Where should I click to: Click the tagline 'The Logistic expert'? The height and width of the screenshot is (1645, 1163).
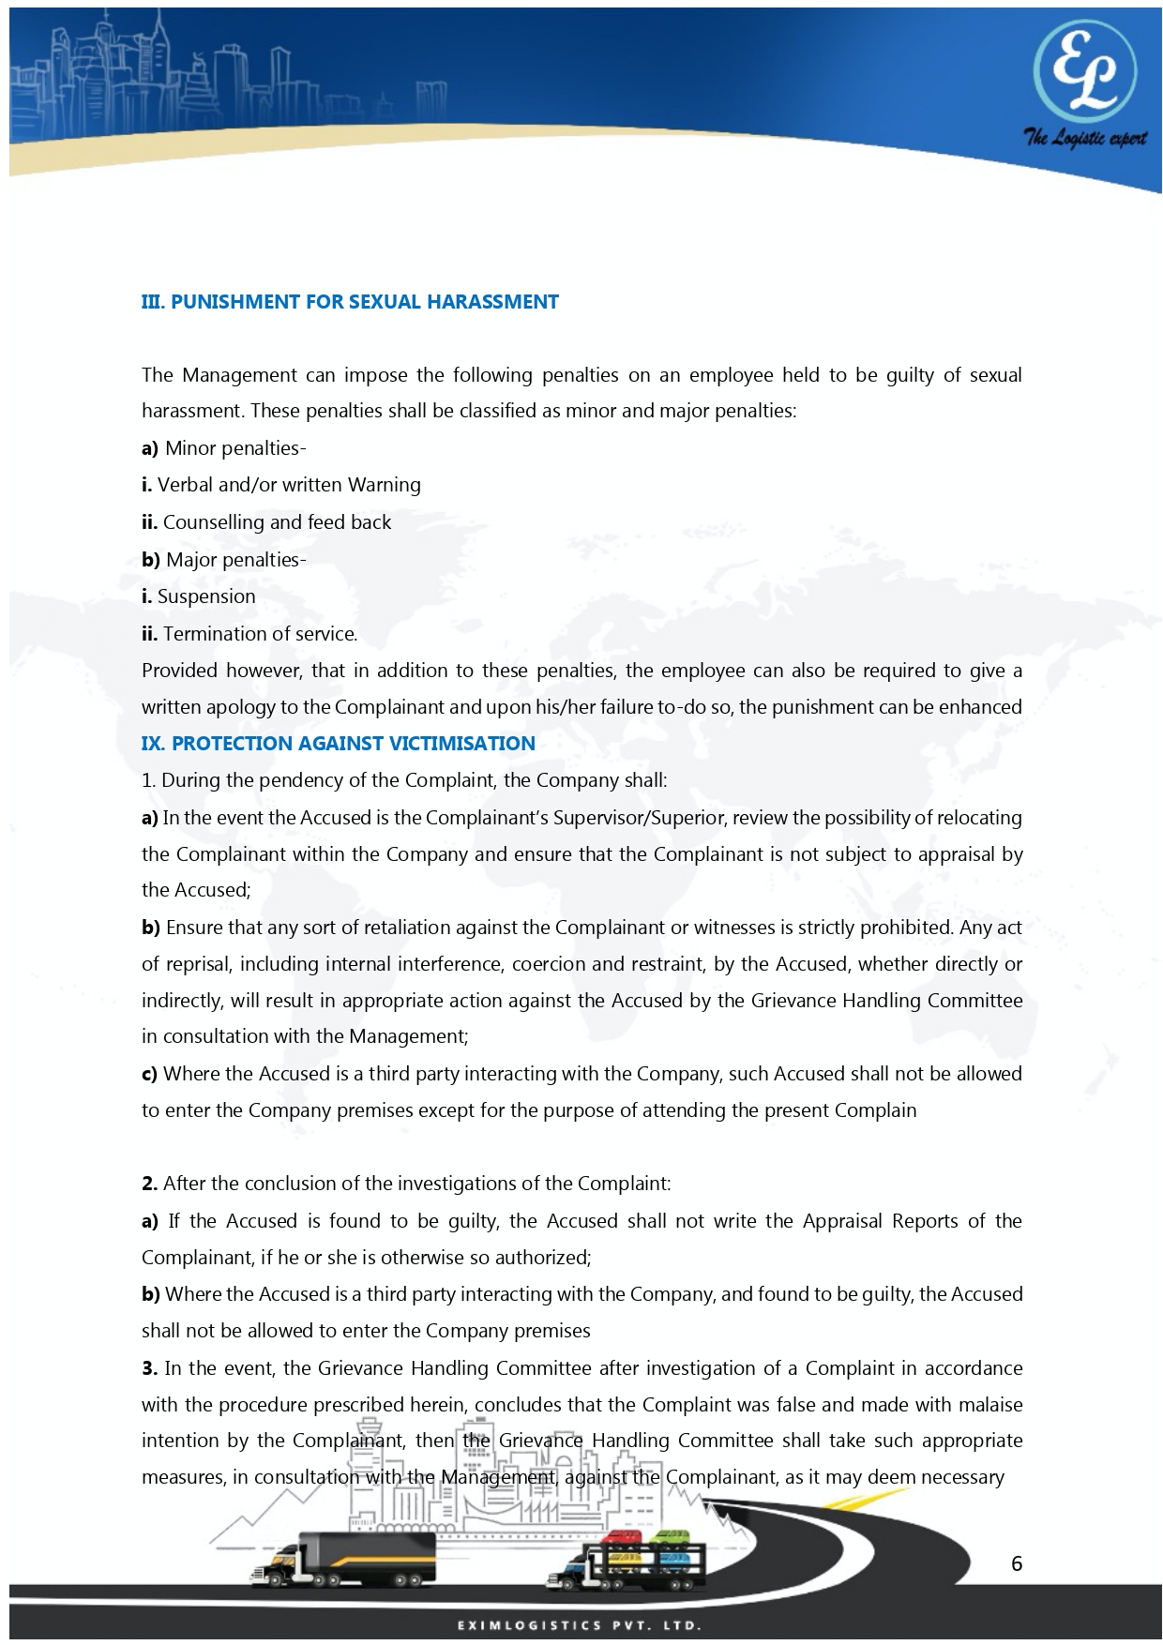point(1084,139)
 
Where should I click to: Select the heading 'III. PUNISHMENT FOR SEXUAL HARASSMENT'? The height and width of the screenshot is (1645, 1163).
point(350,302)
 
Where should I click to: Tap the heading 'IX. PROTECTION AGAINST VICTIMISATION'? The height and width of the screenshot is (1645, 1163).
point(338,744)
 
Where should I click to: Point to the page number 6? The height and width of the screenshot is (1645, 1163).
point(1017,1563)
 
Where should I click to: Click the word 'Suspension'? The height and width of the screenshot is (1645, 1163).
point(206,596)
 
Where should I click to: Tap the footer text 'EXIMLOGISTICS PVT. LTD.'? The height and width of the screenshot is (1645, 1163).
point(580,1625)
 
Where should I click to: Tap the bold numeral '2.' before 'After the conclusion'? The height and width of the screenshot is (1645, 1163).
point(149,1184)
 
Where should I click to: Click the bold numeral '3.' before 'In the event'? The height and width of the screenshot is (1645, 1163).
point(149,1368)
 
